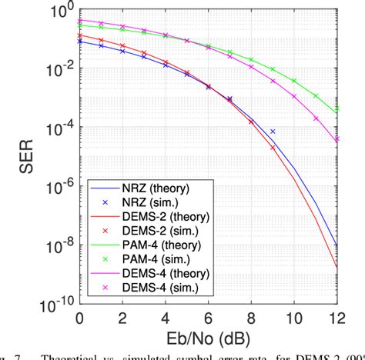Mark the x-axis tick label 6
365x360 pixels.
[209, 318]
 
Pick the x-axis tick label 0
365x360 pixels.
[79, 318]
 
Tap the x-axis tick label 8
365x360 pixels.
[252, 318]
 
